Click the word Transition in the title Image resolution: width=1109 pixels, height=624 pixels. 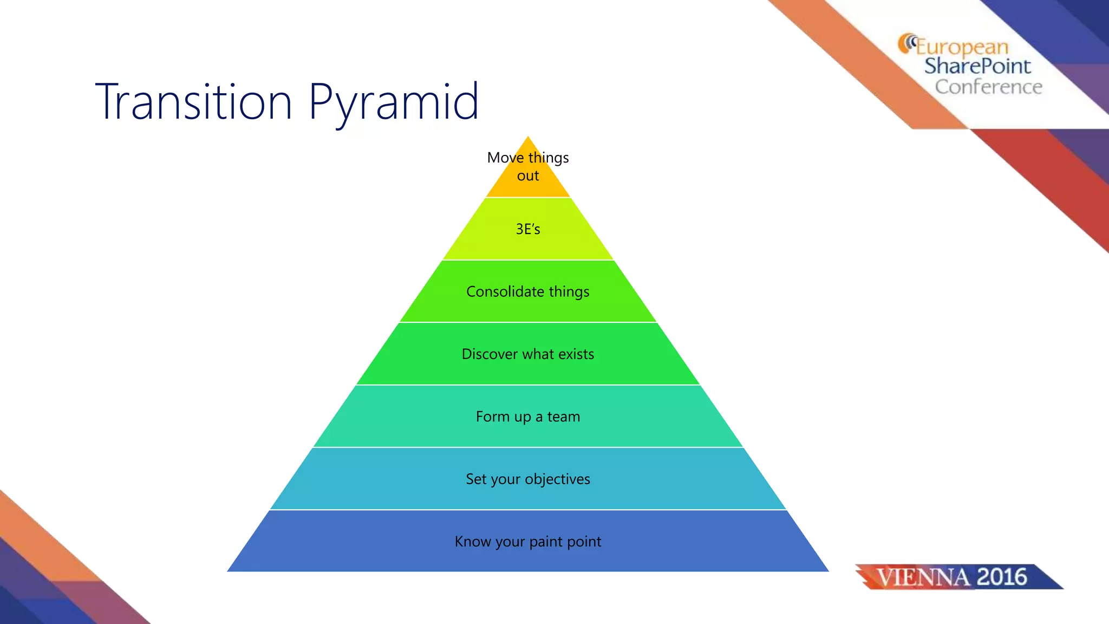(194, 102)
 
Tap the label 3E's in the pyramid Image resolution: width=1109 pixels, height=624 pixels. (528, 229)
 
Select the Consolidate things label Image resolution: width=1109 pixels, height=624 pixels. (528, 292)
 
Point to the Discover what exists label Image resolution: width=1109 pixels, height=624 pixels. (528, 354)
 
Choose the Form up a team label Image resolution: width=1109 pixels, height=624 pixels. (528, 417)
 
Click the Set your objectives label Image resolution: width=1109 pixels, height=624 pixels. (528, 479)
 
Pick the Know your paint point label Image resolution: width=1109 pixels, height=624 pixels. (528, 542)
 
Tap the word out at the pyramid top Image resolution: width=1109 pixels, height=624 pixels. (528, 176)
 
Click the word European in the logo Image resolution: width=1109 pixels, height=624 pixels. (962, 47)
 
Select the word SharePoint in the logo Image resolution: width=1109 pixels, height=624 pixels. (977, 66)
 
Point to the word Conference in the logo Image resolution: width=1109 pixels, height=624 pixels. (988, 87)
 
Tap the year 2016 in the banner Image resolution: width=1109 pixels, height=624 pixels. (1002, 577)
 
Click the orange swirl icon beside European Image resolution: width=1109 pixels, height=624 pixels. (906, 43)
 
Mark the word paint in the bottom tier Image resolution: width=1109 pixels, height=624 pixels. (545, 542)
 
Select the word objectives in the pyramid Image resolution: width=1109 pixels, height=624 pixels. (557, 479)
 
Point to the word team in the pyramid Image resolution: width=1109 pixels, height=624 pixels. (564, 417)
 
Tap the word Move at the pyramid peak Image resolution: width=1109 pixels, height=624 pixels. (505, 158)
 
